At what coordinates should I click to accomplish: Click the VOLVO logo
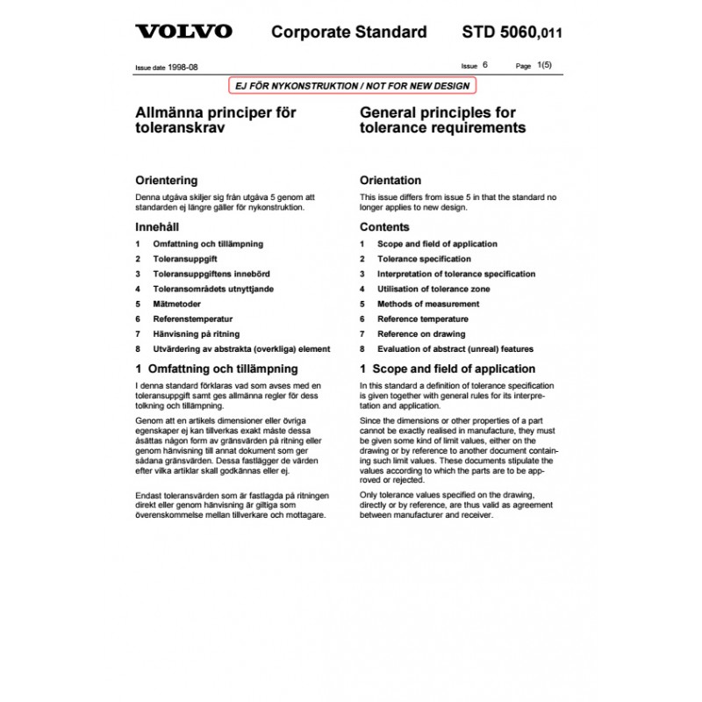[x=183, y=32]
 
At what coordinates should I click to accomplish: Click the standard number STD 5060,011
[x=512, y=32]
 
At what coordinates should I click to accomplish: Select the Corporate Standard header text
[x=349, y=32]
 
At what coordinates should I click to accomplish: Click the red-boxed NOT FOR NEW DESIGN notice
[x=350, y=85]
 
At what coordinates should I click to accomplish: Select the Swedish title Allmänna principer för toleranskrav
[x=215, y=120]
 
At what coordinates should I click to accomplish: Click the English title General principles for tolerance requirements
[x=443, y=120]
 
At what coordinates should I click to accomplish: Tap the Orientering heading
[x=166, y=180]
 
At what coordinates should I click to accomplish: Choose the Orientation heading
[x=390, y=180]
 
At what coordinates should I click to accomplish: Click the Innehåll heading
[x=158, y=227]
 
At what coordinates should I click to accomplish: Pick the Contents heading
[x=384, y=227]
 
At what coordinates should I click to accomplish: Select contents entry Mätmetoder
[x=176, y=304]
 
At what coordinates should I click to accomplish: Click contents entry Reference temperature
[x=423, y=319]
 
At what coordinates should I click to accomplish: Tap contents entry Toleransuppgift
[x=185, y=259]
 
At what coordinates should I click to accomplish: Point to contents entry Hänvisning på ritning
[x=197, y=333]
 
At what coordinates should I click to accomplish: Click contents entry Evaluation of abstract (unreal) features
[x=455, y=348]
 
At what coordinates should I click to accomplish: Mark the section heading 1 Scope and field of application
[x=448, y=369]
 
